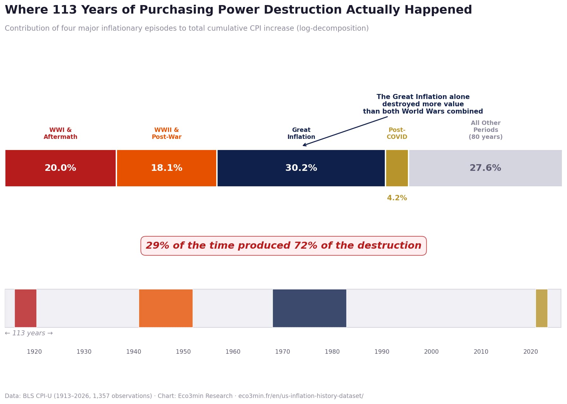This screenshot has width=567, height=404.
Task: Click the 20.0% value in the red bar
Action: point(60,168)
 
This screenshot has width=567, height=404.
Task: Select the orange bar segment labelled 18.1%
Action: point(166,168)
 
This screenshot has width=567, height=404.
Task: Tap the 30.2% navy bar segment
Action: point(301,168)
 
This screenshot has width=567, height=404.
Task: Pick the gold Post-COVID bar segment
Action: point(397,168)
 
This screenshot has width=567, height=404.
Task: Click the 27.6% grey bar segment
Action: point(485,168)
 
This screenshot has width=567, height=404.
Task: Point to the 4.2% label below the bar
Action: point(397,198)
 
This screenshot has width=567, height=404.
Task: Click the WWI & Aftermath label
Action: point(60,134)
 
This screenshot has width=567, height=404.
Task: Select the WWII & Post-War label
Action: point(166,134)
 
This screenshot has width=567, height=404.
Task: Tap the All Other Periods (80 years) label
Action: point(485,130)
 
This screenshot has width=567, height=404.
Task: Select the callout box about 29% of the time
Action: point(283,246)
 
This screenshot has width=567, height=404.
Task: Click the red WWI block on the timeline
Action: point(26,308)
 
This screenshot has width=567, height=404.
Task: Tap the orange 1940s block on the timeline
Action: point(166,308)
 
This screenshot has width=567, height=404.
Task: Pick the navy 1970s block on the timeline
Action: point(309,308)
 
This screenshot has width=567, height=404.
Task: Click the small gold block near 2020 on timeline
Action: point(541,308)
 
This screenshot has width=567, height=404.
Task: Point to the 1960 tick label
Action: point(233,352)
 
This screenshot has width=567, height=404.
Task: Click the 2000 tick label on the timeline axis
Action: point(431,352)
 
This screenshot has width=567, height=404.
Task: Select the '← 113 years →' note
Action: point(29,333)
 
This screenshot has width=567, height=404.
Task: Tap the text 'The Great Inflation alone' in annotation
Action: point(423,97)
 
